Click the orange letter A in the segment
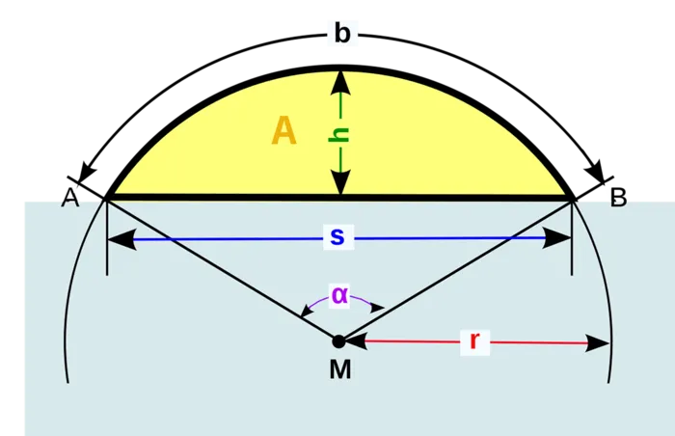[x=283, y=130]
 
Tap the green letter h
[x=338, y=134]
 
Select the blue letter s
[x=336, y=237]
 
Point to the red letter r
[x=473, y=341]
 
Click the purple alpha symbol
[x=338, y=295]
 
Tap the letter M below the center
[x=338, y=368]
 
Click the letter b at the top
[x=342, y=34]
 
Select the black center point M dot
[x=338, y=341]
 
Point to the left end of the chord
[x=107, y=198]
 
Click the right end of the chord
[x=572, y=198]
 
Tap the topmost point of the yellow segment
[x=339, y=70]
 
